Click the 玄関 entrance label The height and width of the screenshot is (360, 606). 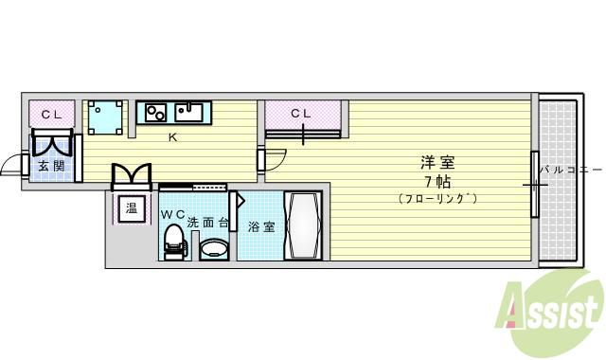[51, 167]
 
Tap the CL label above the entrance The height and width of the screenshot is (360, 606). [51, 115]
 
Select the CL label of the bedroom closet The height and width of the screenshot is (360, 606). [300, 114]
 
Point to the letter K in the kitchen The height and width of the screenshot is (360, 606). [172, 137]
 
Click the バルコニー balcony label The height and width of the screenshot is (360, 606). [569, 171]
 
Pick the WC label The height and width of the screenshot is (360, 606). [172, 214]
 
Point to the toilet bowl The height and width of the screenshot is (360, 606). [173, 245]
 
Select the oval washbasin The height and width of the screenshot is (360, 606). [214, 249]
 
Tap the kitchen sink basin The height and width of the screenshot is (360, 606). [189, 114]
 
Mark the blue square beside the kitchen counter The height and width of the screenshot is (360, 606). [105, 117]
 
